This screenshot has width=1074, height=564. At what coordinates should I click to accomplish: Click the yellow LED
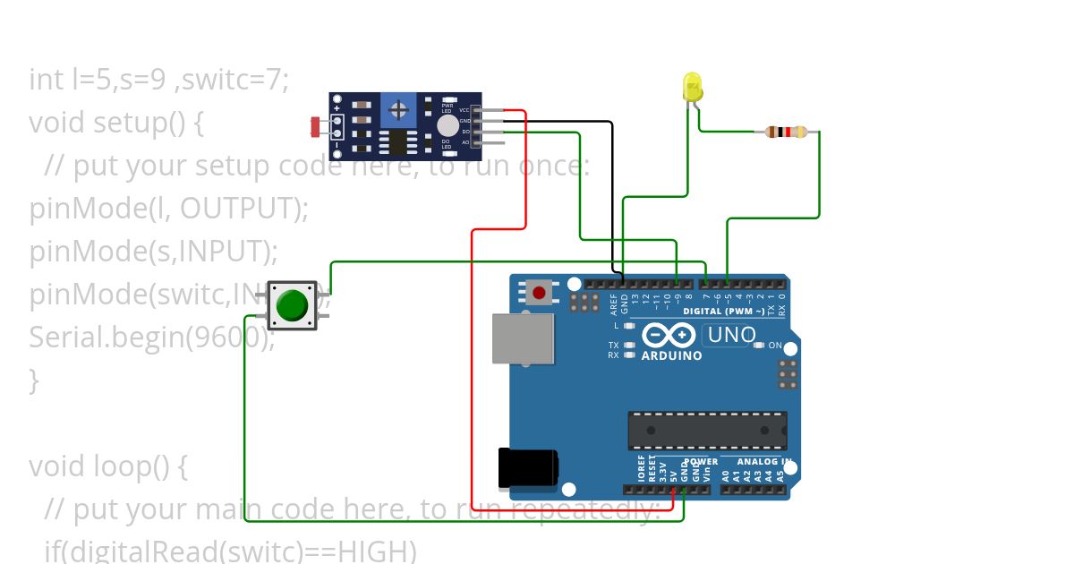[693, 87]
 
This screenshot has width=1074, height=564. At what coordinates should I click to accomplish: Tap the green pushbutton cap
[292, 305]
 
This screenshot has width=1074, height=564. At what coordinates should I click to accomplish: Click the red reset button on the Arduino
[539, 292]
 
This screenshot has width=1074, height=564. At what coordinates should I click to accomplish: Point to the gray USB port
[523, 338]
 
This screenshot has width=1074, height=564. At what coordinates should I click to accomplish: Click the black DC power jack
[528, 469]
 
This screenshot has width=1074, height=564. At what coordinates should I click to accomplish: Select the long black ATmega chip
[707, 430]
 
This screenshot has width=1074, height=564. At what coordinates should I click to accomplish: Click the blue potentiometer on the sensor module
[399, 111]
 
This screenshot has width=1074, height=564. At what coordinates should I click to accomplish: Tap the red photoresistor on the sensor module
[316, 127]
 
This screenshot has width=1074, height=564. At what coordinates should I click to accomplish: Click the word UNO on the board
[730, 336]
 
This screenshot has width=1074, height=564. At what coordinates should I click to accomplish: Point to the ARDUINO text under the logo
[671, 355]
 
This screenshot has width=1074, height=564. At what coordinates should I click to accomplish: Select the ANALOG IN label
[763, 462]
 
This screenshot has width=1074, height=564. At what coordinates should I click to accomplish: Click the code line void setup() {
[116, 123]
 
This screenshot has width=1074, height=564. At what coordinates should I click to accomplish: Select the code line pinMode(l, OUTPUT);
[168, 209]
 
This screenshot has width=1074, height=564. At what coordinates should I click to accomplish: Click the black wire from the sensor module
[611, 197]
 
